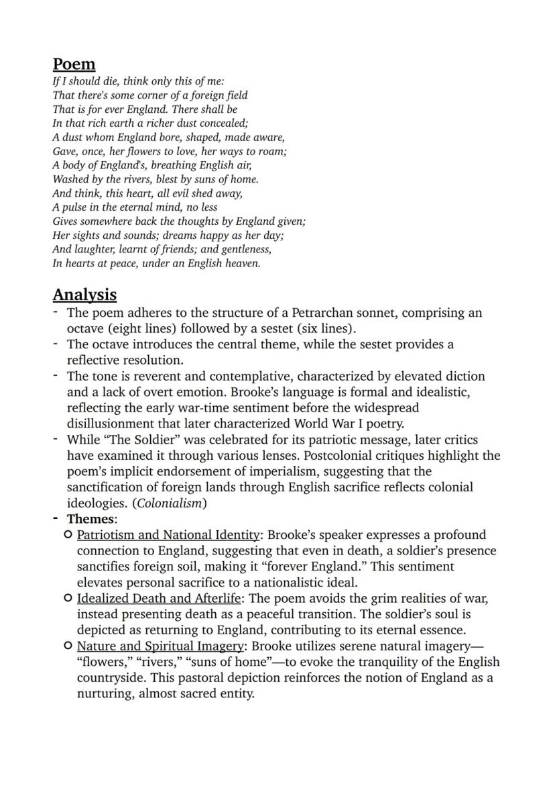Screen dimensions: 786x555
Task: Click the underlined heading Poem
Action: pyautogui.click(x=74, y=64)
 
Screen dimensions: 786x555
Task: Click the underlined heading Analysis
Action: pyautogui.click(x=84, y=295)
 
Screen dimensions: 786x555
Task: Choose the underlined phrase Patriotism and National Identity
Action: pyautogui.click(x=168, y=535)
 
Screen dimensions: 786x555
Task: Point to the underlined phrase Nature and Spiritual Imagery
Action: pyautogui.click(x=160, y=646)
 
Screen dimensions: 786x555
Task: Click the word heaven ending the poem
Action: pyautogui.click(x=241, y=263)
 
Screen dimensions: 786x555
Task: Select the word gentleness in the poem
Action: pyautogui.click(x=243, y=249)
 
